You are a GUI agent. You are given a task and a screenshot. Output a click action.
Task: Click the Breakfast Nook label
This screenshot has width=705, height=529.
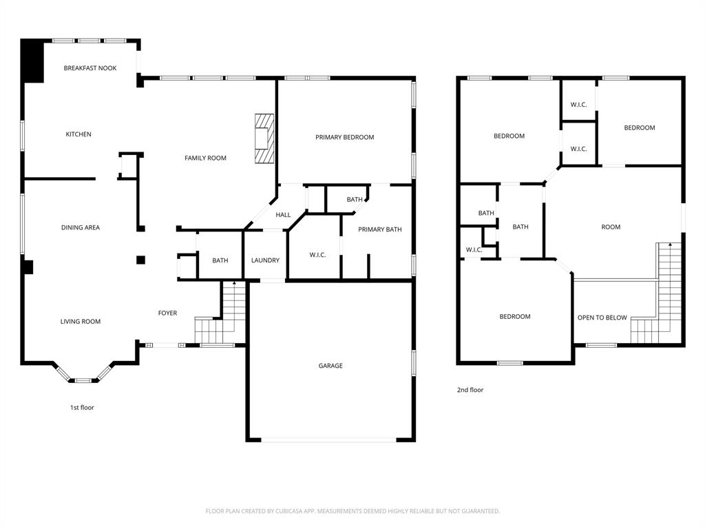click(90, 68)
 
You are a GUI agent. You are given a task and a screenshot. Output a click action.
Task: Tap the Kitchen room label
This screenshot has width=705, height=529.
click(78, 134)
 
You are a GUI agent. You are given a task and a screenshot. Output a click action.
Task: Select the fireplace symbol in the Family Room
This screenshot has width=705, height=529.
click(264, 139)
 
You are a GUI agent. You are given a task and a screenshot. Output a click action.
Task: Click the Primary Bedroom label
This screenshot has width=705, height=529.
click(344, 137)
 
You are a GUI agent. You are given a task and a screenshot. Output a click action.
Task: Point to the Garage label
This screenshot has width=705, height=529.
click(330, 366)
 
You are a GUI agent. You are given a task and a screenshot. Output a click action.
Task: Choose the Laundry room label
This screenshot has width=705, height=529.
click(265, 260)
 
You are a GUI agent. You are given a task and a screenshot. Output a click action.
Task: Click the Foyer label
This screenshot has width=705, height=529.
click(167, 313)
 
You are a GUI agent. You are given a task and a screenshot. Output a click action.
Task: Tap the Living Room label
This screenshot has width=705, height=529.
click(81, 322)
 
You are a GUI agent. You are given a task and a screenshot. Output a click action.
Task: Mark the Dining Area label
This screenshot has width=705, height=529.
click(81, 227)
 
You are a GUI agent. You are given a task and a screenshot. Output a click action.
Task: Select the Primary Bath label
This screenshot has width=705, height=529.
click(380, 229)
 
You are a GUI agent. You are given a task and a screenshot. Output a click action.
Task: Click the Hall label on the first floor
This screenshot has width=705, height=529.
click(283, 215)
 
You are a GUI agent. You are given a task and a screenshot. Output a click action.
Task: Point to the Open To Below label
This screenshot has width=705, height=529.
click(602, 318)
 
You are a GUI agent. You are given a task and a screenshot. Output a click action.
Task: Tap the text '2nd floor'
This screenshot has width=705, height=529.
click(470, 390)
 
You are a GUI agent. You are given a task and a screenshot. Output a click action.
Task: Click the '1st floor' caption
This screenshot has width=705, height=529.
click(82, 408)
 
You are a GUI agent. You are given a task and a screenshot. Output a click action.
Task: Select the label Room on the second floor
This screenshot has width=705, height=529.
click(611, 227)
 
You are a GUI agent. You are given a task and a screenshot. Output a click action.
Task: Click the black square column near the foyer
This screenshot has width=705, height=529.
click(140, 260)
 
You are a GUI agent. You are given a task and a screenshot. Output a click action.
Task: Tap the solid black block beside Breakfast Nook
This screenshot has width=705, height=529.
click(32, 61)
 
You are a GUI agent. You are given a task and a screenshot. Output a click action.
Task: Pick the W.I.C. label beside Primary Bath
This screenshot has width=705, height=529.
click(317, 255)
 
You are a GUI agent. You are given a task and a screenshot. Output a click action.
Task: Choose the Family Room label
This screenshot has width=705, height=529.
click(205, 158)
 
